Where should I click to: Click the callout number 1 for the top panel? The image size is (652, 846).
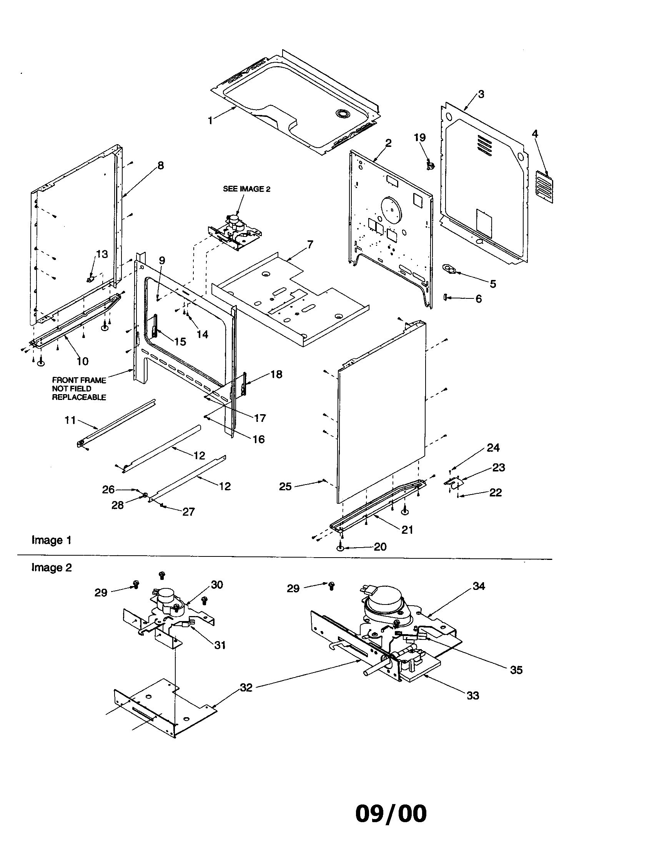210,121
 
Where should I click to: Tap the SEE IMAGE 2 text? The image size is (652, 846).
247,189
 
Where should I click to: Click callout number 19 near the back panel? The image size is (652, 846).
420,138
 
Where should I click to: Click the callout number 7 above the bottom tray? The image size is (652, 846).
310,245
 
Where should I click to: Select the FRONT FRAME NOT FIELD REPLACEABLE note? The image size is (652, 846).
79,388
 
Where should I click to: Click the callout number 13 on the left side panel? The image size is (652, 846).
102,254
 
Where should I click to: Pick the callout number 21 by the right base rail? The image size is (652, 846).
407,530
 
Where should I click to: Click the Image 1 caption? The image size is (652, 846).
52,540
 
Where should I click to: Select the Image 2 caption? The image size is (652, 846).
52,568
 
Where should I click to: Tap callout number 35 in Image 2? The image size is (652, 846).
516,670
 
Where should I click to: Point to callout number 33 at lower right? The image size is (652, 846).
473,696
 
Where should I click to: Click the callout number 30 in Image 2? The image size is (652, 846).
217,585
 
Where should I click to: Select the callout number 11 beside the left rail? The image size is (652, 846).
70,420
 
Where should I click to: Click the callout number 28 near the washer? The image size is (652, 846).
118,505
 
